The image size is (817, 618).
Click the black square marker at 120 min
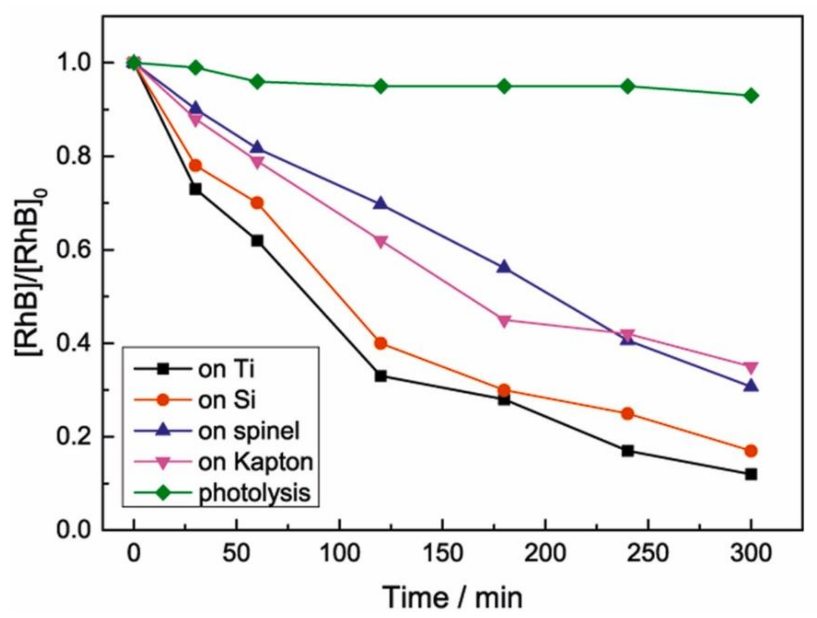(x=380, y=376)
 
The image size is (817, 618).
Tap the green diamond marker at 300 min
(x=750, y=96)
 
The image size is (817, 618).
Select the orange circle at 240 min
(x=627, y=414)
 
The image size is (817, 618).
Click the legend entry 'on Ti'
(x=226, y=369)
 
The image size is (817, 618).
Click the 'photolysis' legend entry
(x=254, y=493)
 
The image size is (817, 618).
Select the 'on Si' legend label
(x=226, y=400)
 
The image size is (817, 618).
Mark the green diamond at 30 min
(x=196, y=67)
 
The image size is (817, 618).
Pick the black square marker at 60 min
(x=258, y=241)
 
